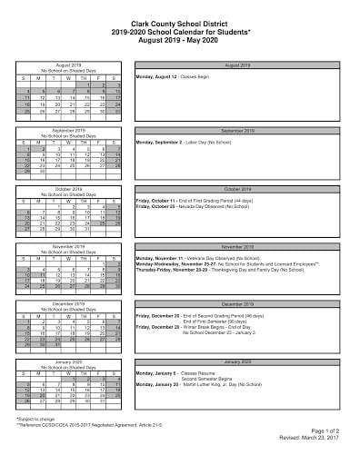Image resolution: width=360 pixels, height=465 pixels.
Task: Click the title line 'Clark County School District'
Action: pyautogui.click(x=179, y=18)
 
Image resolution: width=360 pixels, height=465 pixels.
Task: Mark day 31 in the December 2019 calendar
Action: pyautogui.click(x=57, y=345)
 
